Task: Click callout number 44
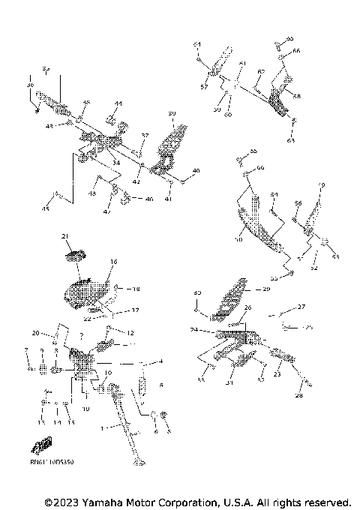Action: pos(118,103)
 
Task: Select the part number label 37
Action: pos(145,136)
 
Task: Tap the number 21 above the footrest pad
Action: pos(65,237)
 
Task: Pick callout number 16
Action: pos(114,262)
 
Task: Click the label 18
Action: pos(136,289)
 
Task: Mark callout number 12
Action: pos(130,332)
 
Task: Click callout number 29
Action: pos(265,289)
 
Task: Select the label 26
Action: pos(247,307)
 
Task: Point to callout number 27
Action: pos(301,307)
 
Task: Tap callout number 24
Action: pos(193,329)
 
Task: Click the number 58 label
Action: pos(297,97)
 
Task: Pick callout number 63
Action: pos(291,140)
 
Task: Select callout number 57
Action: pos(203,88)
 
